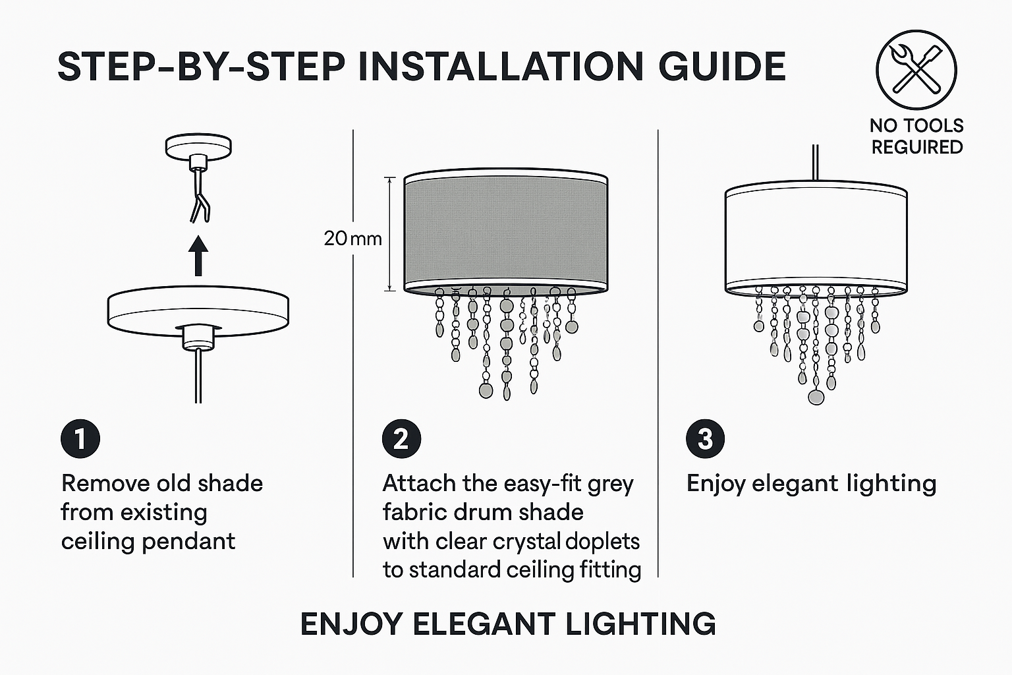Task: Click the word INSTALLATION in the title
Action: [x=500, y=67]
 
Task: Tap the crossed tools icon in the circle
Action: [x=916, y=70]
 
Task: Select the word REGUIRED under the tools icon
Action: [x=917, y=148]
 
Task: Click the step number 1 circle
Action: [x=80, y=439]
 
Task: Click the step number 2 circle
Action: [x=401, y=439]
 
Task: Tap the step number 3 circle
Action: [x=705, y=439]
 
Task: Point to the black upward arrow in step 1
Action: [x=198, y=256]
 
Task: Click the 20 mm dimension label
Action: [x=353, y=238]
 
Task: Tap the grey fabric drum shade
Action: [x=505, y=233]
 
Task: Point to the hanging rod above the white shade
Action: [x=816, y=163]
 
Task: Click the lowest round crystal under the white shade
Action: [x=816, y=397]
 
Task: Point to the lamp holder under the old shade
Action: [x=198, y=337]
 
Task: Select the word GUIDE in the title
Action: [x=722, y=67]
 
